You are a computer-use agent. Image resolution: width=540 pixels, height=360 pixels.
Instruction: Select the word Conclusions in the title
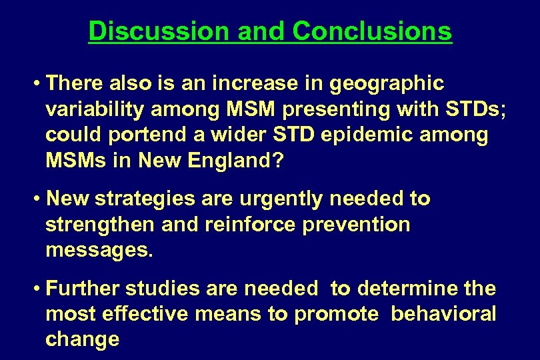point(371,31)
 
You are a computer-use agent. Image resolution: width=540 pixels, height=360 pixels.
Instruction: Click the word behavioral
point(443,314)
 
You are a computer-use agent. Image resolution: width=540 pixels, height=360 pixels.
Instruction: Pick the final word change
point(82,339)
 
